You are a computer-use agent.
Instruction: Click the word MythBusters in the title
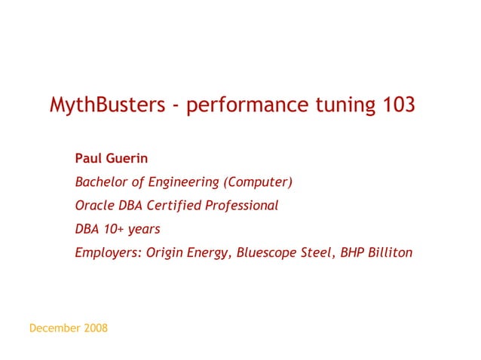(106, 105)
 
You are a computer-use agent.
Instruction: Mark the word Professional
(241, 205)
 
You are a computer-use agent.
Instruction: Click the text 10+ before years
(113, 228)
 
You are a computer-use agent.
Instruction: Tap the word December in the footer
(54, 328)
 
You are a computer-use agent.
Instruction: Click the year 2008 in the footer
(95, 328)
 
